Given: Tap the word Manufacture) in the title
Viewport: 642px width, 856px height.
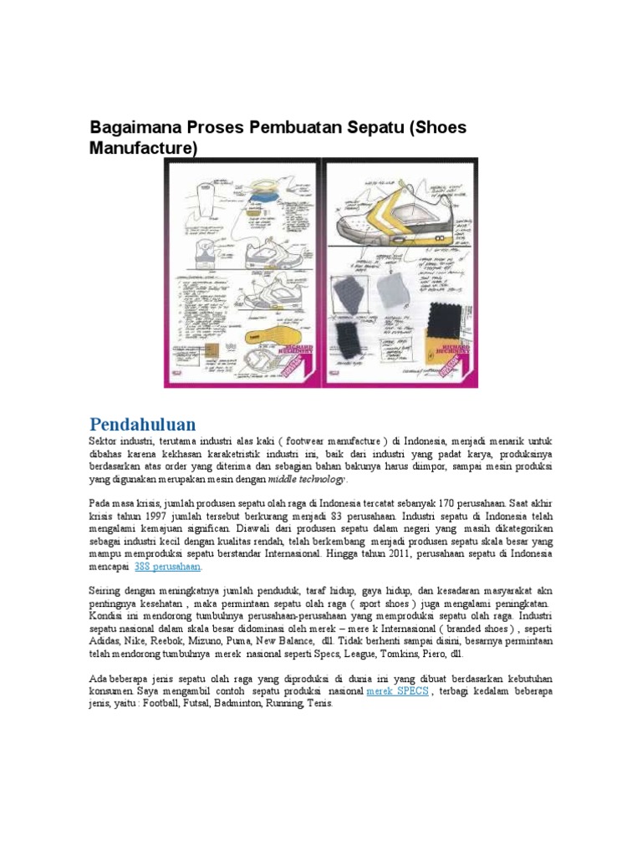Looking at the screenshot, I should click(144, 149).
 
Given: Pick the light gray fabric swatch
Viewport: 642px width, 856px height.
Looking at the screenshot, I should click(390, 291).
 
